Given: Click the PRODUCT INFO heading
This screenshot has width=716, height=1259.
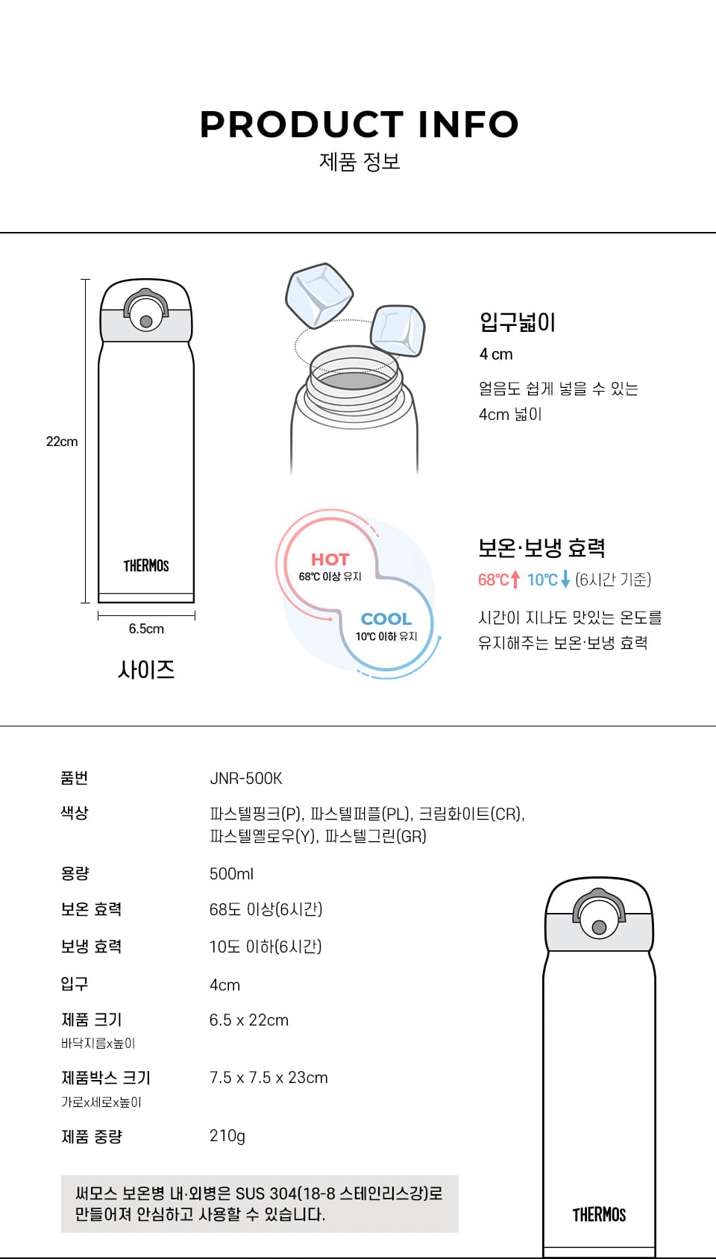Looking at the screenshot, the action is click(x=359, y=125).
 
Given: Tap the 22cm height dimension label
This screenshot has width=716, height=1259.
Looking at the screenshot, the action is click(x=62, y=442).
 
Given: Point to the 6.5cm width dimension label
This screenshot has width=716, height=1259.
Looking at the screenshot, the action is click(x=146, y=629).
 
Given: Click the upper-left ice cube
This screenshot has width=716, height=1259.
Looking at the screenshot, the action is click(x=319, y=295).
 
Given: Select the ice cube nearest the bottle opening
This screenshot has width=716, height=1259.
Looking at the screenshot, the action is click(x=398, y=330).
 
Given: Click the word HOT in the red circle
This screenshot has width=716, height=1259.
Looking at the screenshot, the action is click(x=330, y=560).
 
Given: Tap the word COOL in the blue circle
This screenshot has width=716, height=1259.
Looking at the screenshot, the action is click(x=386, y=619).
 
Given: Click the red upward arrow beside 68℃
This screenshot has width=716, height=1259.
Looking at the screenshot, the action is click(x=515, y=580).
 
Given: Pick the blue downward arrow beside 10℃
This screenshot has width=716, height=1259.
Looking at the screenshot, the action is click(x=565, y=580).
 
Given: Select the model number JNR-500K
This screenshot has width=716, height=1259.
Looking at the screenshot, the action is click(x=245, y=779).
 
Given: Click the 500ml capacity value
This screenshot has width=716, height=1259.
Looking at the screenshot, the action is click(x=231, y=874).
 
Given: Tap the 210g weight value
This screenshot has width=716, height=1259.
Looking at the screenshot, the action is click(x=227, y=1136).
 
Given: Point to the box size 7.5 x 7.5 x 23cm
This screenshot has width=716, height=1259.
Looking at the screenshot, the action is click(x=268, y=1078).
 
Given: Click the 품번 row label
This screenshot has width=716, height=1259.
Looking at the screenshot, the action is click(x=74, y=778).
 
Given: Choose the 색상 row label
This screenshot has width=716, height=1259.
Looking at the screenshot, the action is click(x=74, y=813).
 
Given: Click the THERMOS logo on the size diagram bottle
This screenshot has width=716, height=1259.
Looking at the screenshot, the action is click(x=146, y=565).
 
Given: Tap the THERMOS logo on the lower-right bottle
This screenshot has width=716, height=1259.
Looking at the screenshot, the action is click(x=599, y=1215).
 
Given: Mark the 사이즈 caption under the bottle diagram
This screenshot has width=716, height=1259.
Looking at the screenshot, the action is click(x=146, y=670).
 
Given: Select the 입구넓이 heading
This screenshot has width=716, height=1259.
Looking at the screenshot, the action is click(x=517, y=323).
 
